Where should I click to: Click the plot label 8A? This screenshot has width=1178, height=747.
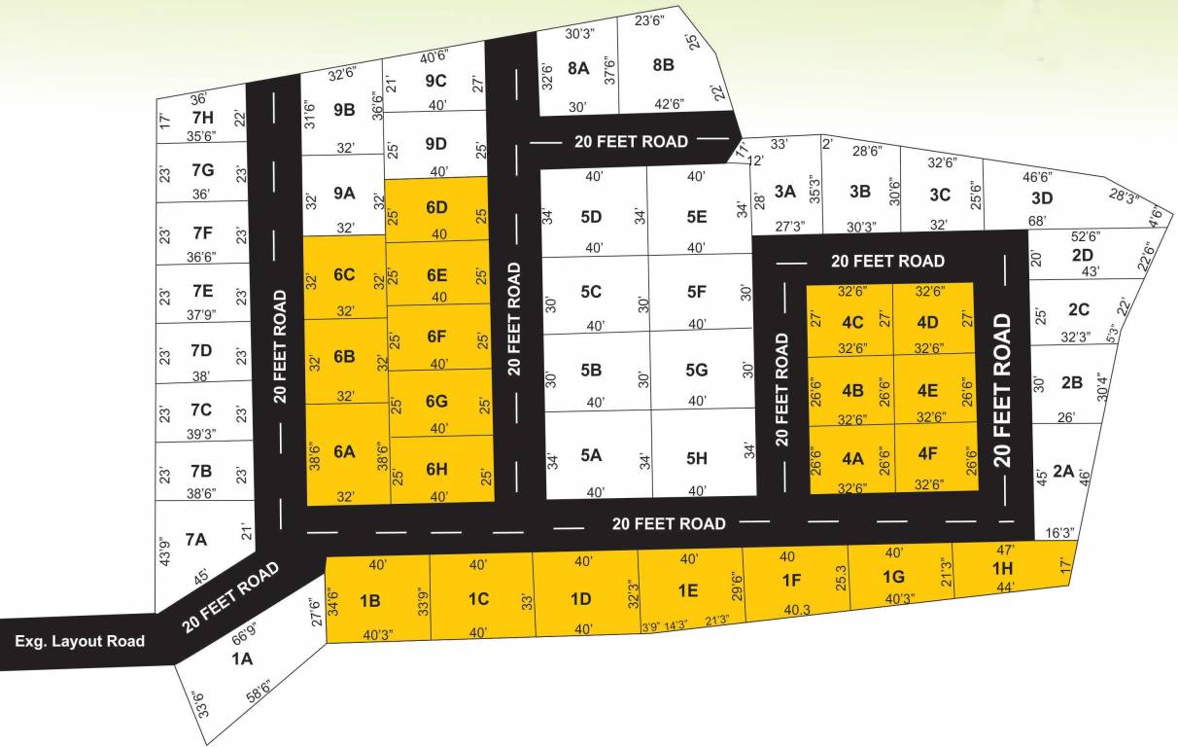[578, 67]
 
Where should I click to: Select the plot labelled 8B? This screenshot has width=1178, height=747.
[663, 65]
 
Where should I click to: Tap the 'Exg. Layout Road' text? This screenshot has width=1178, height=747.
[80, 641]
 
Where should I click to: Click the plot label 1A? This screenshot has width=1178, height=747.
[241, 658]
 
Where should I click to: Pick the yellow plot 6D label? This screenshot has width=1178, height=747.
[436, 207]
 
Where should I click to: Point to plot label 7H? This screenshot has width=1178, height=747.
[202, 117]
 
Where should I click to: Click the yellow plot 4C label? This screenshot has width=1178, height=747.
[852, 322]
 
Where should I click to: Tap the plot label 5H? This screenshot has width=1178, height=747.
[696, 456]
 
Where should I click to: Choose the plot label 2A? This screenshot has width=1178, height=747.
[1063, 471]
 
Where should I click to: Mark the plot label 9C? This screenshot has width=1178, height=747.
[436, 81]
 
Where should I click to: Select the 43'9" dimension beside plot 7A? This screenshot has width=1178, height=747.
[164, 552]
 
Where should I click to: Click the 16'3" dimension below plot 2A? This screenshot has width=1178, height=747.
[1059, 533]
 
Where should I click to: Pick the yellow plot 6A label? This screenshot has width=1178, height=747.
[344, 451]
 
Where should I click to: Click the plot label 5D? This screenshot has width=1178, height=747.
[591, 217]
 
